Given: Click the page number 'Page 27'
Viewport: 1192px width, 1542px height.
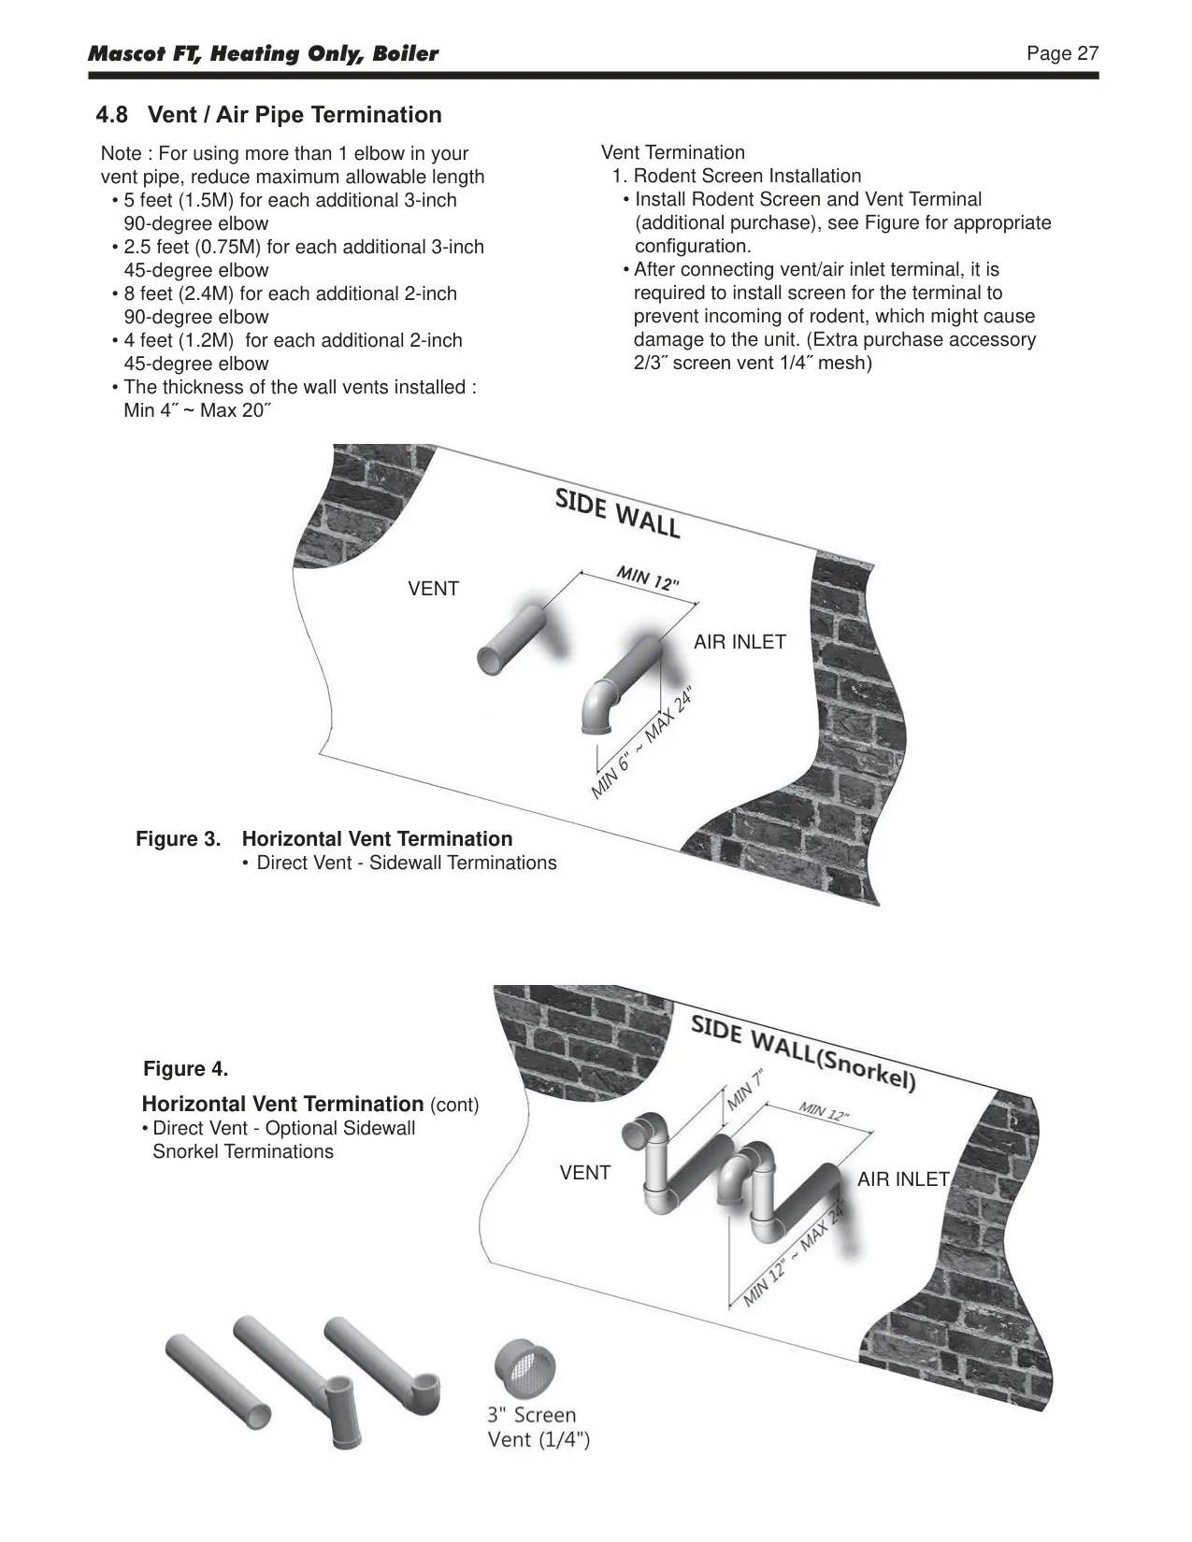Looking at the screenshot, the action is (x=1062, y=53).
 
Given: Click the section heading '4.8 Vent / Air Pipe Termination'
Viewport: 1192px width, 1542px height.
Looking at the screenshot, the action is (x=268, y=115).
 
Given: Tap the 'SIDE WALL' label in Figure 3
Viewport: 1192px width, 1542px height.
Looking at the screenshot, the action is (x=617, y=513).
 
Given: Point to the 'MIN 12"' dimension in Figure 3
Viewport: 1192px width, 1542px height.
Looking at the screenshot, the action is (x=647, y=577).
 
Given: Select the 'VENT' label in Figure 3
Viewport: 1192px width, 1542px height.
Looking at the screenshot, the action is (x=433, y=588).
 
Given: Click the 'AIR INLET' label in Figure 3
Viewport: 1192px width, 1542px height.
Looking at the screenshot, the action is (x=740, y=641).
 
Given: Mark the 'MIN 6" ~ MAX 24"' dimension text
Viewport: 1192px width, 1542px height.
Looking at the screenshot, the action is (x=642, y=742).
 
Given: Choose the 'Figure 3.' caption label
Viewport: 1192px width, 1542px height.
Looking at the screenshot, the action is (x=179, y=839).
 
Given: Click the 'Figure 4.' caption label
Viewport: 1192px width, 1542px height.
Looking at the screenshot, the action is (x=186, y=1069).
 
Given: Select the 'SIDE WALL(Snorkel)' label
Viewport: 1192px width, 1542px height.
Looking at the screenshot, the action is (x=803, y=1054).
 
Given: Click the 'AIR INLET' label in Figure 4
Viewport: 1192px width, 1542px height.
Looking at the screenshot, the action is (x=903, y=1179).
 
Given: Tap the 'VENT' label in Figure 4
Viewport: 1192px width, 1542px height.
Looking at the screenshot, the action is (x=585, y=1173).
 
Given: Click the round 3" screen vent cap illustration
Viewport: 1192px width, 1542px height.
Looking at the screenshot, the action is (x=524, y=1368).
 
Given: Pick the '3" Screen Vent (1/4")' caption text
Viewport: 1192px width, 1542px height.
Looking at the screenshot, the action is (x=539, y=1427).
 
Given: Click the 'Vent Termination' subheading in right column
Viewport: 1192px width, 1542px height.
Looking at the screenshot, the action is (x=673, y=152).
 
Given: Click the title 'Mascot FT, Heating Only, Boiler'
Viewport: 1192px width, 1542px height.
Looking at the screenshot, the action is (x=264, y=54).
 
